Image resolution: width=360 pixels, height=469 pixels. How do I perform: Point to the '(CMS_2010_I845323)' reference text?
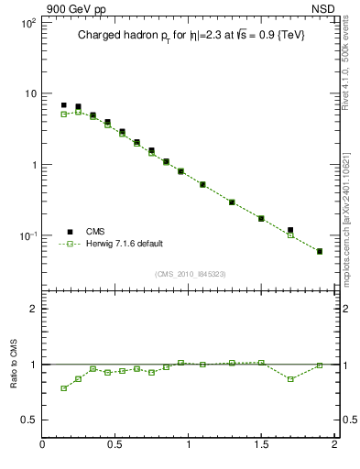coord(190,274)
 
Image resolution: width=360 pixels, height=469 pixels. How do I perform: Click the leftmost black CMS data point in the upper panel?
coord(63,105)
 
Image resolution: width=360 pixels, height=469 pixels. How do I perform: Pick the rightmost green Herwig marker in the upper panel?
coord(320,251)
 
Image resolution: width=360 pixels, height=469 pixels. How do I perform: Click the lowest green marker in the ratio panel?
coord(63,388)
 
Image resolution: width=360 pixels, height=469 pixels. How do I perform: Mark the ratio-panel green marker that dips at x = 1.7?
coord(290,378)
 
